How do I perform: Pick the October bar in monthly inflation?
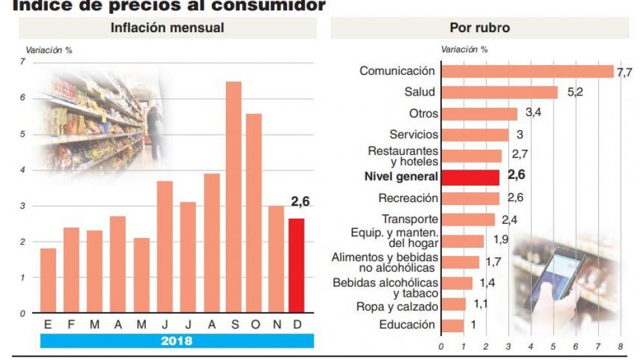tap(254, 213)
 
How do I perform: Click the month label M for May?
tap(141, 325)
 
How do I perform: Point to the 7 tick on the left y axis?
tap(23, 62)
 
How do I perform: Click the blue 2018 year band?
tap(177, 341)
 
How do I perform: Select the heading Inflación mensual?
tap(167, 28)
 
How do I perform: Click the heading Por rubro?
tap(479, 28)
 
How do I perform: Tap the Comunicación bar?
tap(526, 71)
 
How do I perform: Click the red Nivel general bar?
tap(470, 177)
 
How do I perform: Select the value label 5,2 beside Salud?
tap(575, 92)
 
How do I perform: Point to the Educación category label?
tap(407, 325)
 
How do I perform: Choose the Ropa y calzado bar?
tap(453, 305)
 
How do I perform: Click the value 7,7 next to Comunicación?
tap(624, 72)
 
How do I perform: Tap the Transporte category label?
tap(409, 219)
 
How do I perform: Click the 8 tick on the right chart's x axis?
tap(620, 346)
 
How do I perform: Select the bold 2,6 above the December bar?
tap(300, 202)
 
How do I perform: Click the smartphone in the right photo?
tap(554, 278)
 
